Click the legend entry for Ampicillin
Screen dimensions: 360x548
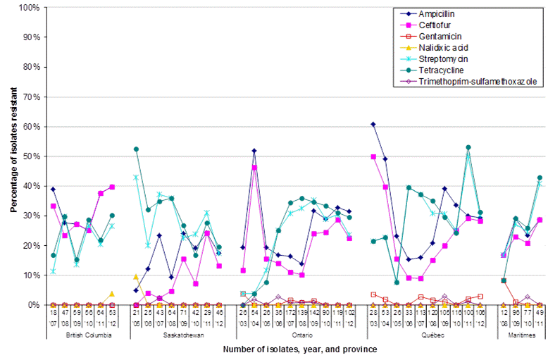(x=438, y=13)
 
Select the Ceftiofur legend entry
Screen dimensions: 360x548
(x=435, y=25)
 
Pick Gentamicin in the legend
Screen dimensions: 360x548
(x=439, y=36)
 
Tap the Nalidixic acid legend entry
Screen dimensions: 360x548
(x=442, y=47)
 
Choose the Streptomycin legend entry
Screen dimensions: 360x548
(x=441, y=58)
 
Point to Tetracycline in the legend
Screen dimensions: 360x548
(x=440, y=70)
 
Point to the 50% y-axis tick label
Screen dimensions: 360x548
(x=32, y=156)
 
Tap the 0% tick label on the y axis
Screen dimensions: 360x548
(x=34, y=304)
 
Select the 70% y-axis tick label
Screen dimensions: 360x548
(x=32, y=97)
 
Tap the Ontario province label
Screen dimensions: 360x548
(x=296, y=335)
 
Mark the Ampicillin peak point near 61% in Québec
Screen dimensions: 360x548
(x=373, y=124)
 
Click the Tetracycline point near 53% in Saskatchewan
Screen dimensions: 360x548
(x=136, y=149)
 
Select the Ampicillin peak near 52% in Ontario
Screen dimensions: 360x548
(x=254, y=151)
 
